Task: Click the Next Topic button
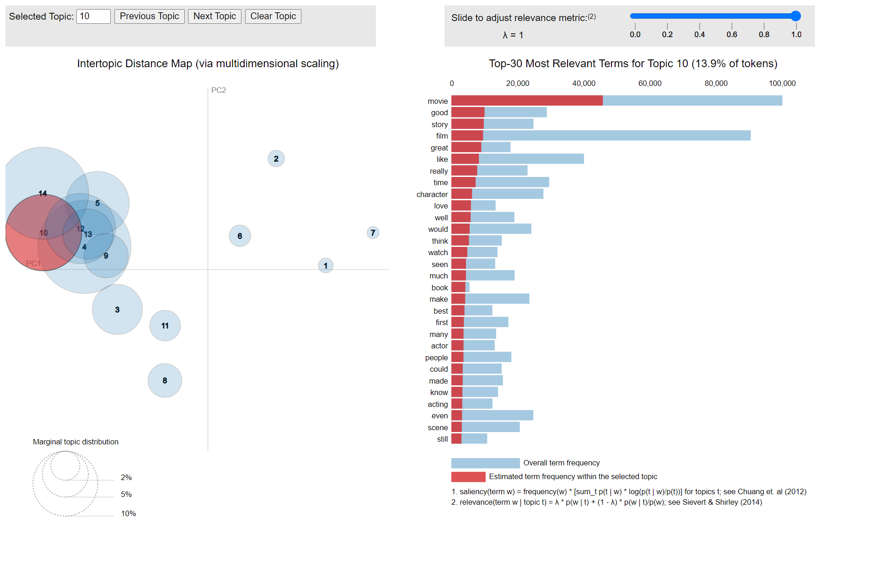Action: tap(214, 16)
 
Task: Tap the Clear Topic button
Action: tap(273, 16)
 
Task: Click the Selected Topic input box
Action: tap(93, 16)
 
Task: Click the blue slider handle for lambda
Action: tap(796, 16)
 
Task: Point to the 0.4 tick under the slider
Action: tap(699, 34)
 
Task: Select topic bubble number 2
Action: tap(276, 159)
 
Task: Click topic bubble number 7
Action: tap(373, 233)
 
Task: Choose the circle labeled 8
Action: tap(165, 380)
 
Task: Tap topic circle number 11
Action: tap(165, 326)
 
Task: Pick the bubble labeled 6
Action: tap(240, 236)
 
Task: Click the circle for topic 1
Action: tap(326, 266)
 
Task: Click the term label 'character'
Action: tap(432, 194)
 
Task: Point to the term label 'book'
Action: tap(439, 288)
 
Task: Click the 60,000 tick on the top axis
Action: tap(649, 83)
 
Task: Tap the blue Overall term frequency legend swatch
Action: tap(485, 463)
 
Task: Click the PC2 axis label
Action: tap(218, 90)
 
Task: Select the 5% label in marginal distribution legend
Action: tap(126, 494)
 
